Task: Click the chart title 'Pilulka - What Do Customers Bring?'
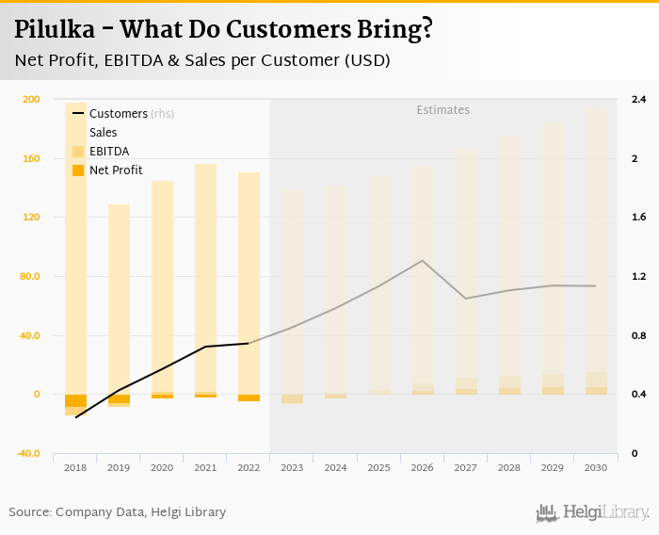point(224,29)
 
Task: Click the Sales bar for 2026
point(423,273)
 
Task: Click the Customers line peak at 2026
point(423,260)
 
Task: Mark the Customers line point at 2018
point(76,416)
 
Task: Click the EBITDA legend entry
point(108,151)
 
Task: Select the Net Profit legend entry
point(115,170)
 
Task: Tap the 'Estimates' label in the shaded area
point(443,110)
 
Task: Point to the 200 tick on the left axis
point(31,100)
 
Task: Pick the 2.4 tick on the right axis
point(638,100)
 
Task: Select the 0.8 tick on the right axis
point(638,336)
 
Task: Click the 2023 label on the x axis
point(292,467)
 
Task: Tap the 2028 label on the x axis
point(509,467)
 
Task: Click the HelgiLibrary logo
point(592,512)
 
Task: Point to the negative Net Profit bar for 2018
point(76,400)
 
